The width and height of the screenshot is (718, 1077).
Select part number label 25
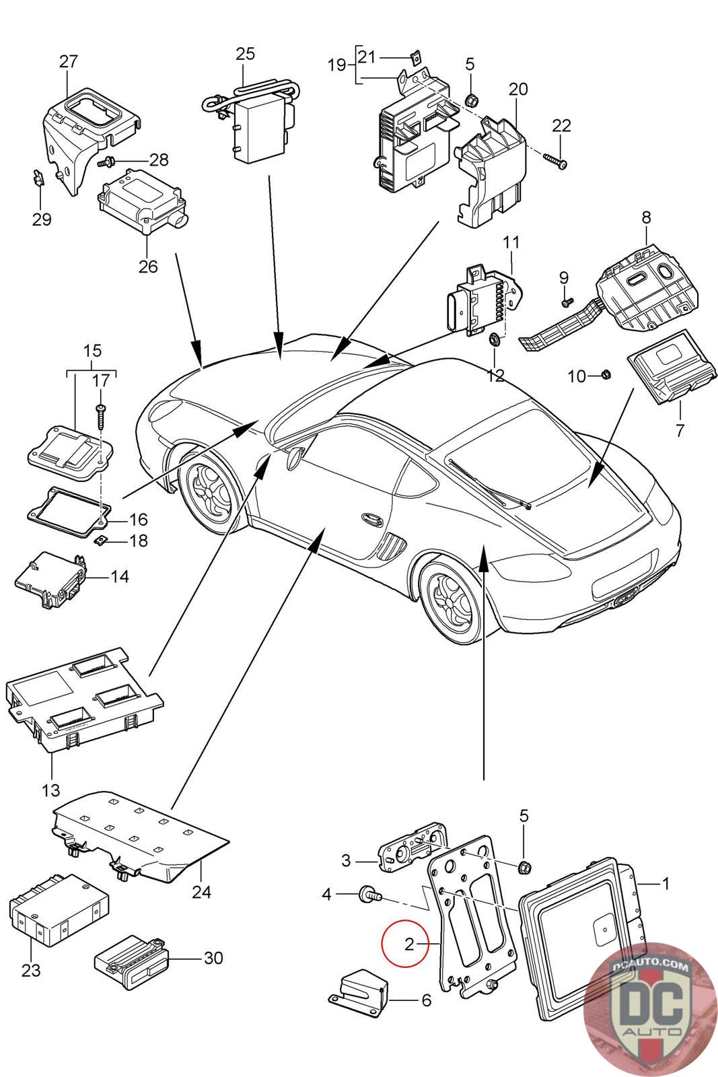tap(246, 53)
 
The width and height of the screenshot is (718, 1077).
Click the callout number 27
tap(68, 61)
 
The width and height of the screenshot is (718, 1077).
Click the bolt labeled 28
tap(108, 162)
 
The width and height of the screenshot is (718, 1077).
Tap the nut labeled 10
tap(604, 374)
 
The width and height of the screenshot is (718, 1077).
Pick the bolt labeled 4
tap(369, 895)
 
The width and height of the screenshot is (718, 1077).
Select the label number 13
tap(50, 788)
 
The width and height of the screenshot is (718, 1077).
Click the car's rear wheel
tap(454, 600)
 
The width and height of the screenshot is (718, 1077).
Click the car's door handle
tap(370, 518)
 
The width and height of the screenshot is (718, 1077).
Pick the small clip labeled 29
tap(38, 178)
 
